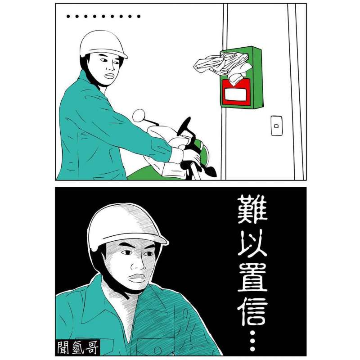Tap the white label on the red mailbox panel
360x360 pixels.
pyautogui.click(x=235, y=94)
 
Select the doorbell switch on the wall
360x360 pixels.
pyautogui.click(x=276, y=126)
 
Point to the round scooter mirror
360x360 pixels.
pyautogui.click(x=139, y=115)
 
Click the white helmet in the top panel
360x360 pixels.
pyautogui.click(x=103, y=44)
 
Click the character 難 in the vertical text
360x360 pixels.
pyautogui.click(x=252, y=209)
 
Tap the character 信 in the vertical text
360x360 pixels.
pyautogui.click(x=252, y=311)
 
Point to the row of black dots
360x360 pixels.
pyautogui.click(x=103, y=16)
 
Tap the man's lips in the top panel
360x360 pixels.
pyautogui.click(x=109, y=76)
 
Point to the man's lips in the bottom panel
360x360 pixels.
pyautogui.click(x=137, y=278)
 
